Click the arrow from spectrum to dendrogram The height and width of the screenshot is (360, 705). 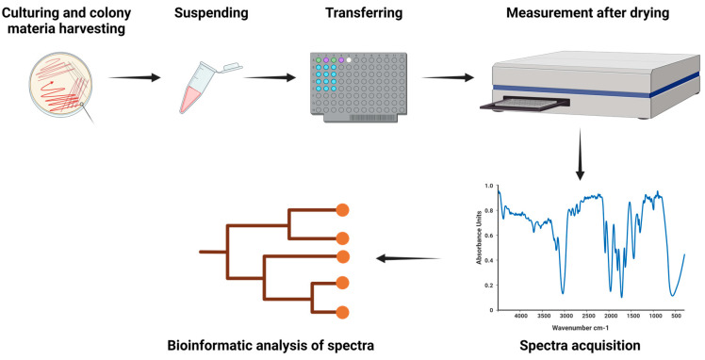pos(411,257)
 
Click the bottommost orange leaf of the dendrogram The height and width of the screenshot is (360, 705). pos(343,312)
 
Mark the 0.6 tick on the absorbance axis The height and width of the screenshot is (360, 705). pos(488,236)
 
